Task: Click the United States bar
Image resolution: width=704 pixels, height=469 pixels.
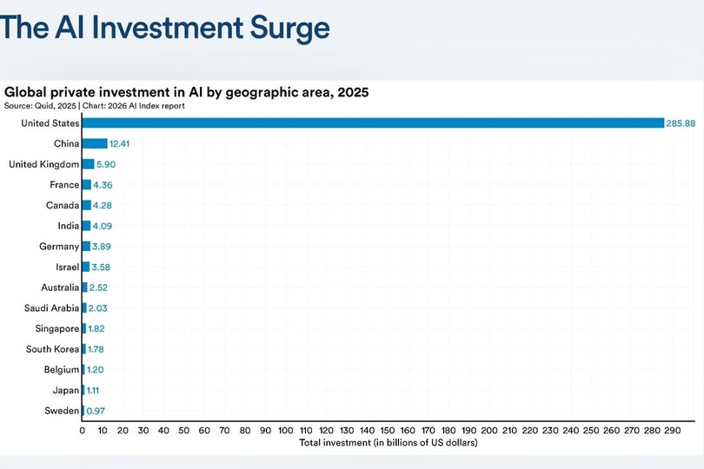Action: pyautogui.click(x=373, y=123)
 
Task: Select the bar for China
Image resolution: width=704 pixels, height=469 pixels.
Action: pyautogui.click(x=95, y=143)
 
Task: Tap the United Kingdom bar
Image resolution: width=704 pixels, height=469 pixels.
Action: pyautogui.click(x=88, y=164)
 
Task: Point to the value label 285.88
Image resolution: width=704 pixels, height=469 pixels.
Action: pyautogui.click(x=681, y=123)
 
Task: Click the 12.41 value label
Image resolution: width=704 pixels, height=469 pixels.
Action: pyautogui.click(x=119, y=143)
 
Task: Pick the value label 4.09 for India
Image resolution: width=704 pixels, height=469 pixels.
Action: pyautogui.click(x=103, y=226)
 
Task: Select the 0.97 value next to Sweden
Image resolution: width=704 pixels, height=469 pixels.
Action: pyautogui.click(x=96, y=411)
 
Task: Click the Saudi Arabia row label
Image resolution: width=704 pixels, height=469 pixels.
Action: pyautogui.click(x=51, y=307)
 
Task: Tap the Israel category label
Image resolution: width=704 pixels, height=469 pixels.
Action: pyautogui.click(x=67, y=267)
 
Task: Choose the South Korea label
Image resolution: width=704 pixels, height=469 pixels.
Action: pyautogui.click(x=52, y=349)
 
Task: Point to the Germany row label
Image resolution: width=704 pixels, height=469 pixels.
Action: pyautogui.click(x=59, y=247)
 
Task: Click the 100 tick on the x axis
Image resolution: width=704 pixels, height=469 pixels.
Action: pyautogui.click(x=286, y=431)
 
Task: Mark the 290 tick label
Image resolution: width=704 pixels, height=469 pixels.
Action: pyautogui.click(x=673, y=431)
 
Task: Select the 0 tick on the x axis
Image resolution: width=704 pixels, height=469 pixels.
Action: pyautogui.click(x=83, y=431)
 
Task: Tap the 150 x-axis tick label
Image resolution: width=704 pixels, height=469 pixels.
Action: pyautogui.click(x=388, y=431)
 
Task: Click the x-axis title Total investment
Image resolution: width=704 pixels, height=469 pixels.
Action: pyautogui.click(x=389, y=443)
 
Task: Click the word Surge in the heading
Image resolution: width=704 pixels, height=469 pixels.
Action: pyautogui.click(x=289, y=28)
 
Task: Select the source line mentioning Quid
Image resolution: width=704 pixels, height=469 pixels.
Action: pyautogui.click(x=94, y=106)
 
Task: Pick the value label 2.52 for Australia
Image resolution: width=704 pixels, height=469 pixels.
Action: pyautogui.click(x=98, y=287)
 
